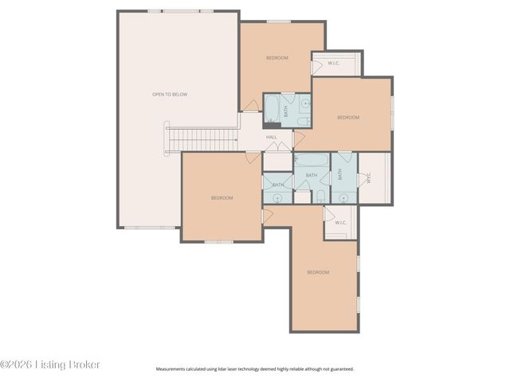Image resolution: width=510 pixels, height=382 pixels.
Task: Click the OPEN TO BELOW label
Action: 170,95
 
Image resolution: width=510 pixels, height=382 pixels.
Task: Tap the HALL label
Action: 271,137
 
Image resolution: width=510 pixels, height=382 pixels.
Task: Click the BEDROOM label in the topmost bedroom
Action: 277,58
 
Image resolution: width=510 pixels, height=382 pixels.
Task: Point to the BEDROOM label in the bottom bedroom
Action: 318,272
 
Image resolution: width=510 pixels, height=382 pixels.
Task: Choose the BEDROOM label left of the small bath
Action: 222,197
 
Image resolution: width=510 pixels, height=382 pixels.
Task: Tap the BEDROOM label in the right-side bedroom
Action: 348,118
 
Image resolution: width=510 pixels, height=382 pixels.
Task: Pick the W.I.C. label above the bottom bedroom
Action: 340,223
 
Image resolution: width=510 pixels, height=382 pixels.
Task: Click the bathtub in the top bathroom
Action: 272,110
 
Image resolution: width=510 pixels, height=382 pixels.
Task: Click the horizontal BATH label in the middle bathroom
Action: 312,175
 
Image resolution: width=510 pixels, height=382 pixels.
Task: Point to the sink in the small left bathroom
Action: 277,198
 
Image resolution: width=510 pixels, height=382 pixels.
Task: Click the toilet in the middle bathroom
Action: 320,196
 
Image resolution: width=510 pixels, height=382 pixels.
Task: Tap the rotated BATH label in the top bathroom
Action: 285,112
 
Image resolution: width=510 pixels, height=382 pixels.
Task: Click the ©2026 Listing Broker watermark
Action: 50,364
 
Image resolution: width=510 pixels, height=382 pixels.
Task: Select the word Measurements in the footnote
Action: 171,369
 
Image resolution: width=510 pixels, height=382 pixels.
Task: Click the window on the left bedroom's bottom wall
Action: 218,241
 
